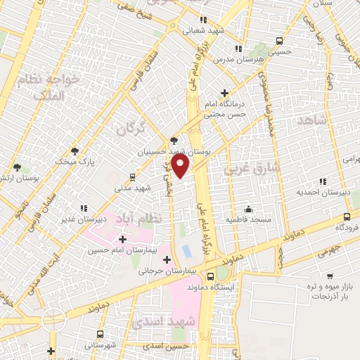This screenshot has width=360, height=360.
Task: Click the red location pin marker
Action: point(181,166)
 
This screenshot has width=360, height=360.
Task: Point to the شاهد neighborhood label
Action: point(313,121)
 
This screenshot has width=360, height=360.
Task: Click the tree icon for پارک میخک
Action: point(75,151)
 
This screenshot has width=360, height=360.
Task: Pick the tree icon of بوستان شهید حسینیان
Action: point(174,141)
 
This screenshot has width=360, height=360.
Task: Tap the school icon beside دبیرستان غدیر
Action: point(84,209)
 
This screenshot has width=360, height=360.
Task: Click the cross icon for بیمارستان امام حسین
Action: point(123,240)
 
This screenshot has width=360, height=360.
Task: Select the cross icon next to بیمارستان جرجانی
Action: point(167,261)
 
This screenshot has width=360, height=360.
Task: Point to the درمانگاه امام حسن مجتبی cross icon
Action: point(224,93)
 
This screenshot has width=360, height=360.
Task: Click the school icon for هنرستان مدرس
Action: point(237,49)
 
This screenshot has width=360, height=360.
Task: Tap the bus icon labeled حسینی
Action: point(280,41)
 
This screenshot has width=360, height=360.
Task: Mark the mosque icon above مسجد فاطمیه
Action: point(248,209)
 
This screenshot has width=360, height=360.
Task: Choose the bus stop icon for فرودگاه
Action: point(347,217)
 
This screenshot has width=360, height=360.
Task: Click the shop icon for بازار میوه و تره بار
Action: point(330,276)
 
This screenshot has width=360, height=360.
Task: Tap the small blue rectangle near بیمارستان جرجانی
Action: point(186,250)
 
